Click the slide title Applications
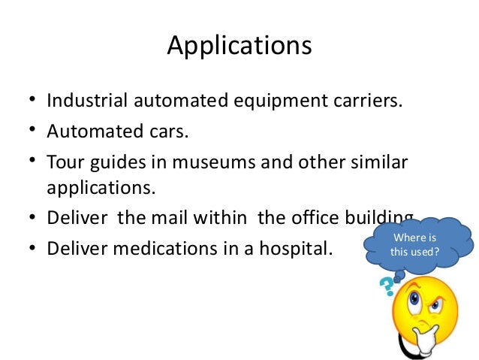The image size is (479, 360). [x=239, y=47]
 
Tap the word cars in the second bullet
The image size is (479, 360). [x=166, y=132]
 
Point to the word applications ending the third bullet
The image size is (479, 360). [x=101, y=187]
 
